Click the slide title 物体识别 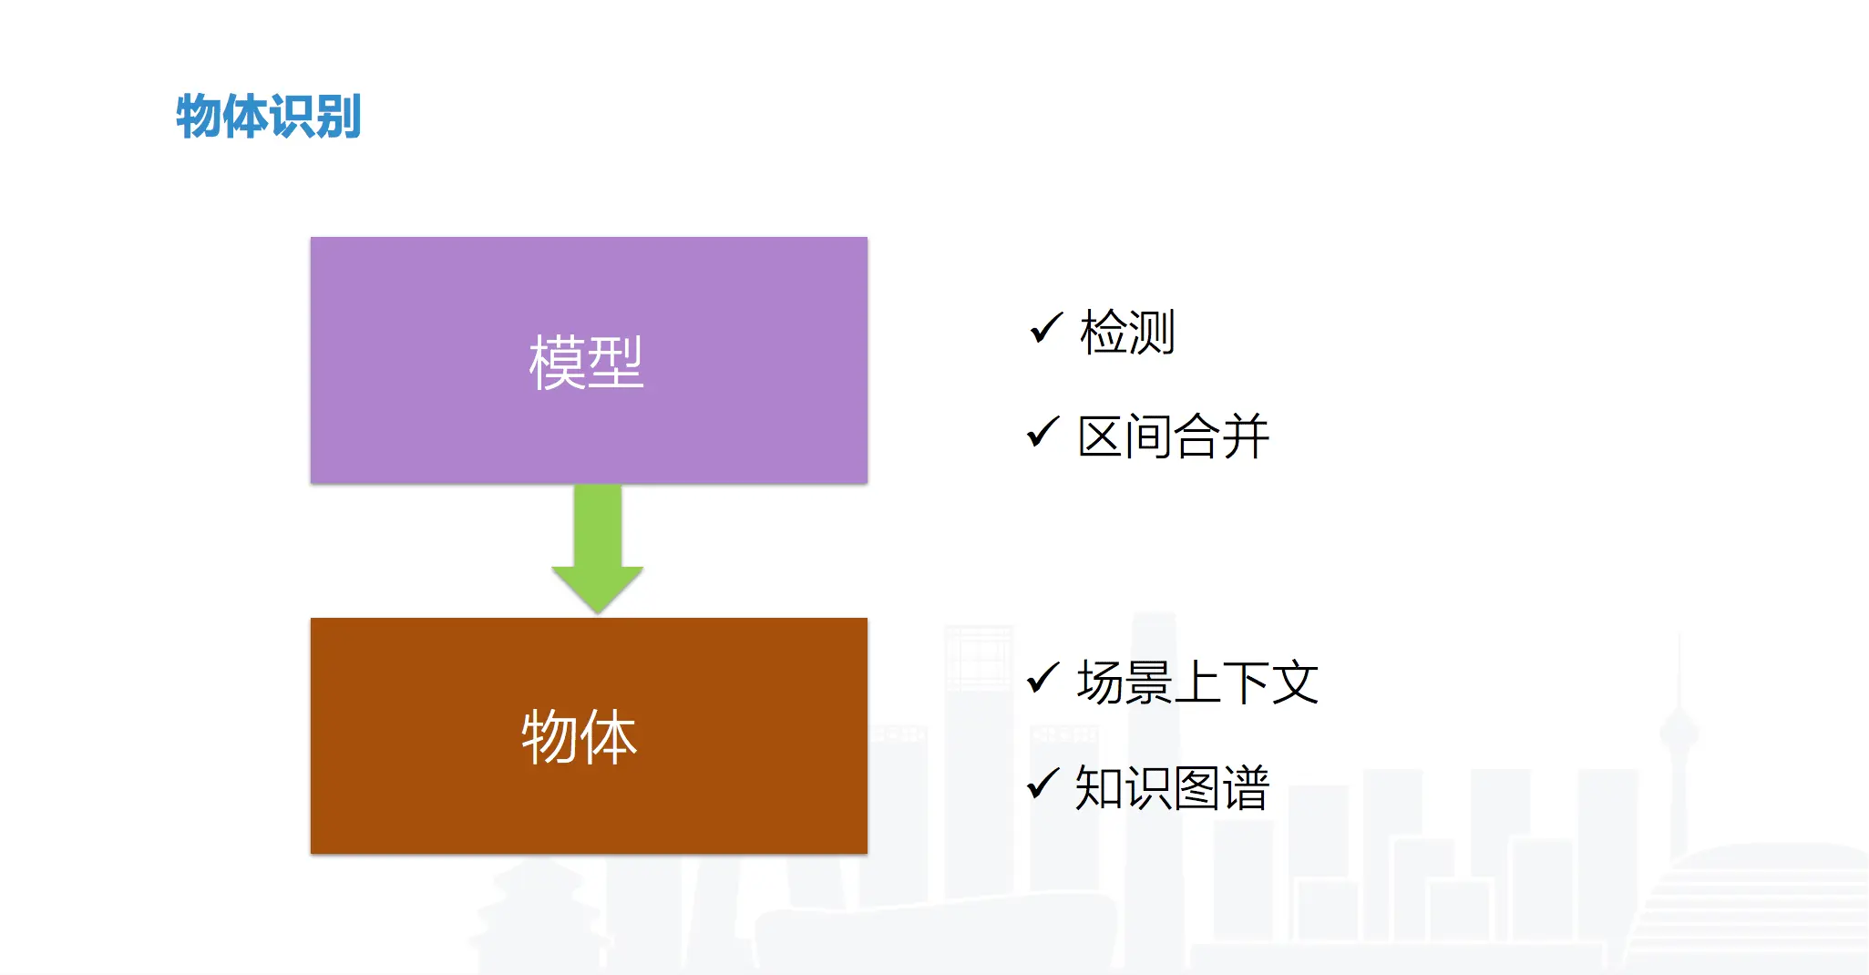click(269, 117)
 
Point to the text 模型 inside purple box click(586, 362)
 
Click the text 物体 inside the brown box click(580, 736)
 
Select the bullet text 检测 click(1127, 332)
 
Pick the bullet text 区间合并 click(1174, 436)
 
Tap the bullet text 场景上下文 click(1197, 682)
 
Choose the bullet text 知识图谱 click(1172, 787)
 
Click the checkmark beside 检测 click(1046, 328)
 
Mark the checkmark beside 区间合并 click(1043, 432)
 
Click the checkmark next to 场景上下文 click(1043, 678)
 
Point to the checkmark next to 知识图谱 click(1043, 783)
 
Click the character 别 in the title click(338, 117)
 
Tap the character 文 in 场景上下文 click(1295, 682)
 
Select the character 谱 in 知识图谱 click(1246, 787)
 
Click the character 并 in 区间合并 click(1246, 436)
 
